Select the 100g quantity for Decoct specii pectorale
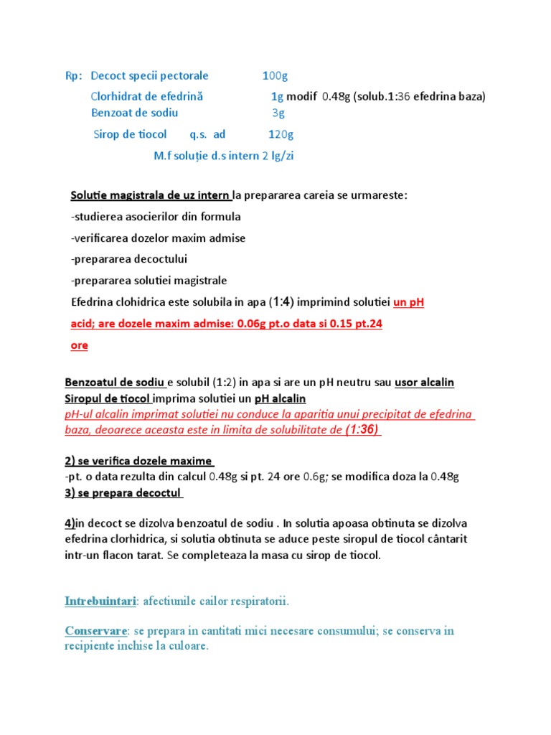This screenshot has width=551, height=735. coord(275,75)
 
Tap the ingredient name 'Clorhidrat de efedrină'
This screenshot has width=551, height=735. coord(147,96)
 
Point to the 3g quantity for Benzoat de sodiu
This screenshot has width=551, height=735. coord(278,113)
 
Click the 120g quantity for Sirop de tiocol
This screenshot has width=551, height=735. coord(280,134)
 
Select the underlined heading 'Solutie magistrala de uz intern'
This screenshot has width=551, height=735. coord(151,195)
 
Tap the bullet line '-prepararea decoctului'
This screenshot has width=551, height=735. coord(129,259)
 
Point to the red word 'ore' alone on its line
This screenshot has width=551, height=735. coord(80,345)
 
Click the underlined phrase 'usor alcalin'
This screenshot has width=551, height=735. coord(424,383)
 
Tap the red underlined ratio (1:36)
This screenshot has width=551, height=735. coord(363,430)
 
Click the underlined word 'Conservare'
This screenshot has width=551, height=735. coord(95,631)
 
